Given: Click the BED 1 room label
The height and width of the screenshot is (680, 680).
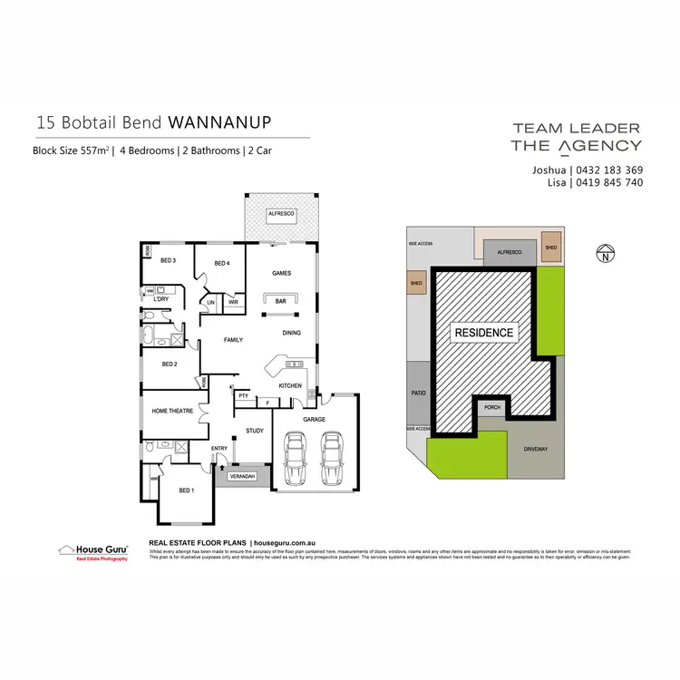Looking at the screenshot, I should point(185,491).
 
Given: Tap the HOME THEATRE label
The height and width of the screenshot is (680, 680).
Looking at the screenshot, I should point(173,411).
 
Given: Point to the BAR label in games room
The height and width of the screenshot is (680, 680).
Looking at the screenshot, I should point(280,300).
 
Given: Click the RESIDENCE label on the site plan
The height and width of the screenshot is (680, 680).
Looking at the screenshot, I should point(483,333).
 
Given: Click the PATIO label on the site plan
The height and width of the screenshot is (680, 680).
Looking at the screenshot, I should point(418,393).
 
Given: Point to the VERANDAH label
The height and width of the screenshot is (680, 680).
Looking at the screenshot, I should point(243,476).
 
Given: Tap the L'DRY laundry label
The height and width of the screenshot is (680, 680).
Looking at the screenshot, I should point(161,298).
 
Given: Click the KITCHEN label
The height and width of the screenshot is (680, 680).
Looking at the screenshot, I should point(290,385).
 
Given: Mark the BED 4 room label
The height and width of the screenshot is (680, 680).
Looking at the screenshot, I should point(223,264).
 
